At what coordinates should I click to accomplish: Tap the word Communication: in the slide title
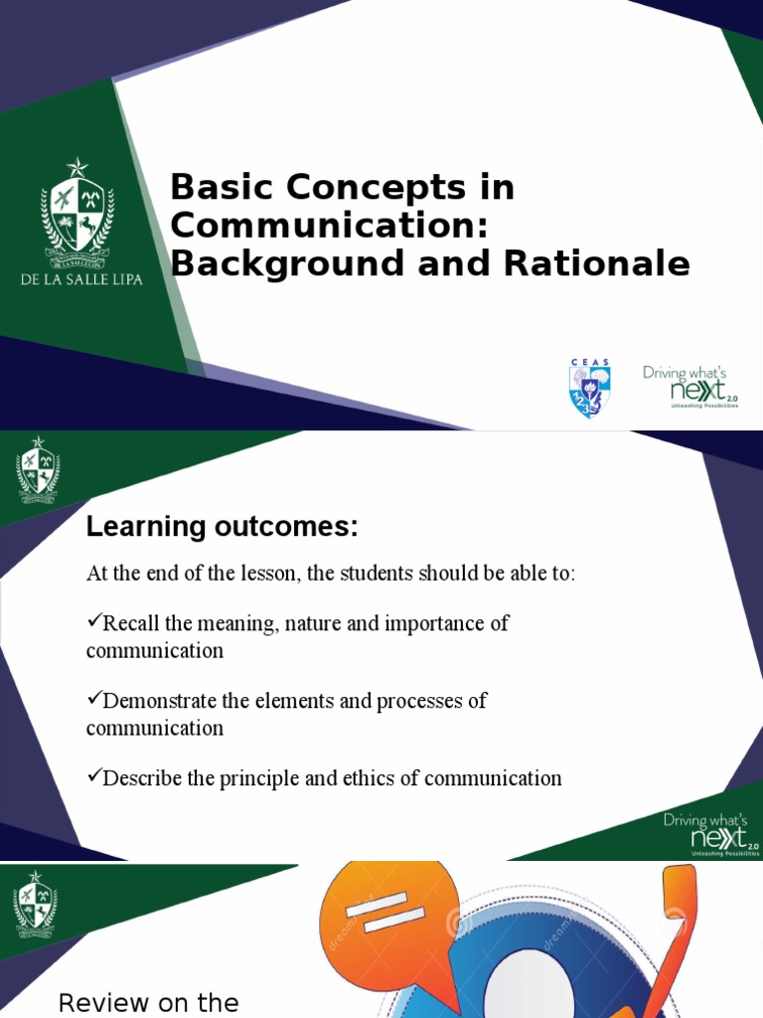pyautogui.click(x=330, y=225)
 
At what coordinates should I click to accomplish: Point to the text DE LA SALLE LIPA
pyautogui.click(x=81, y=279)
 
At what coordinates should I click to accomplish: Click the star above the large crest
pyautogui.click(x=77, y=168)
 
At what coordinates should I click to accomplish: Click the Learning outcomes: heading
pyautogui.click(x=222, y=528)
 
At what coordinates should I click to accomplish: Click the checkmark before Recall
pyautogui.click(x=93, y=622)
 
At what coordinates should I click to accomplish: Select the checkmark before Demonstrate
pyautogui.click(x=93, y=700)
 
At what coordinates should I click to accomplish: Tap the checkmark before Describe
pyautogui.click(x=93, y=777)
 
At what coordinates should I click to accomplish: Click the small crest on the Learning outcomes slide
pyautogui.click(x=37, y=470)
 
